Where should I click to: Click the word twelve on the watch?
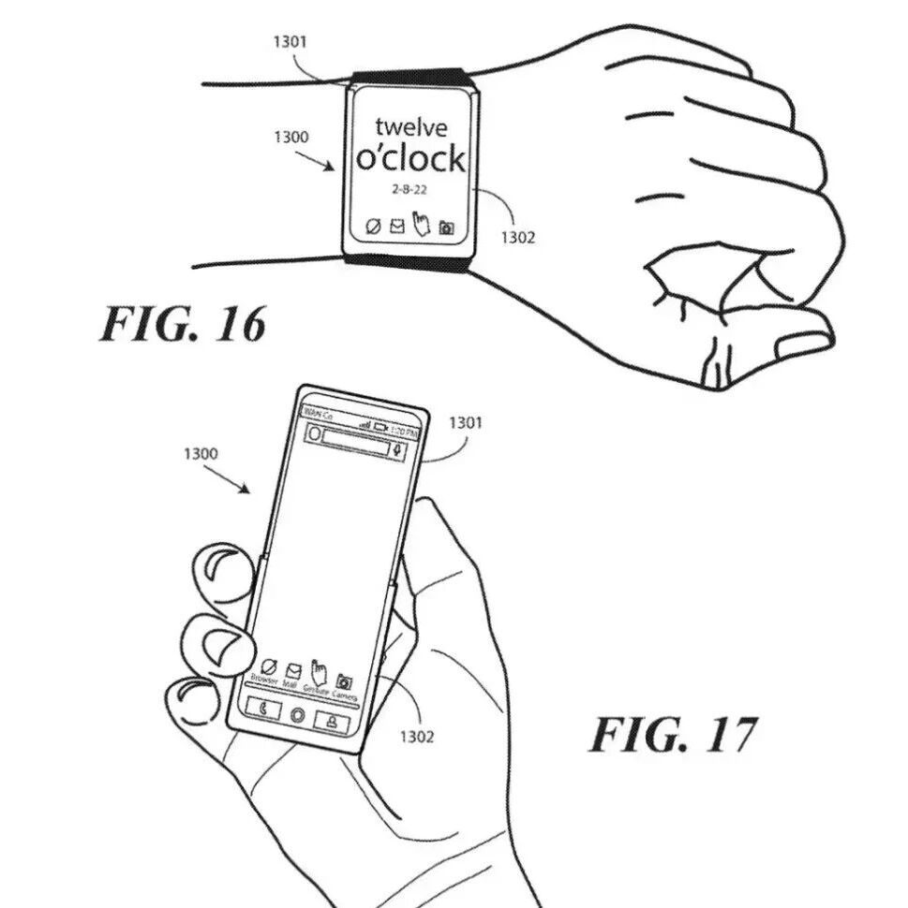click(410, 126)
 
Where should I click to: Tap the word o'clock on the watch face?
click(410, 159)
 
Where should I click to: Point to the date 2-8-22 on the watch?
click(410, 190)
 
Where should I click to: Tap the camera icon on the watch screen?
click(447, 227)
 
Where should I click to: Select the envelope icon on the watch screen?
click(396, 226)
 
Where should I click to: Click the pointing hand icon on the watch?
click(422, 225)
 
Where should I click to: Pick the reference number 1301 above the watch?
click(290, 42)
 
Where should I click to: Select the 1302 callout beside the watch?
click(517, 237)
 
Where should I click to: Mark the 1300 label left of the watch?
click(291, 138)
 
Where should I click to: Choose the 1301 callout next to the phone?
click(466, 423)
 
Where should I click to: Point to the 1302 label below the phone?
click(417, 737)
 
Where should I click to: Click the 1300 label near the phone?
click(201, 454)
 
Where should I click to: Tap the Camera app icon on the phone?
click(344, 683)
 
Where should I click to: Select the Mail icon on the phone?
click(292, 671)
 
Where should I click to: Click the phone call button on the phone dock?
click(264, 710)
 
